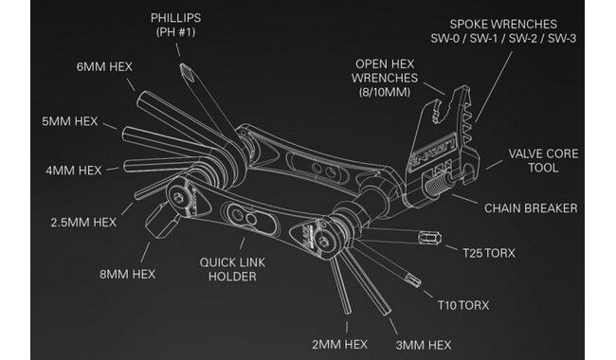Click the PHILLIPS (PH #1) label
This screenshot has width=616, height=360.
coord(175,25)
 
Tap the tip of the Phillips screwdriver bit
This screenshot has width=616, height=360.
coord(182,65)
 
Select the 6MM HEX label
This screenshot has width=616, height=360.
coord(104,66)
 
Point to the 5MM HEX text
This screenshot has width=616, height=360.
coord(69,121)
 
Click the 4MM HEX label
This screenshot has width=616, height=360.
coord(74,171)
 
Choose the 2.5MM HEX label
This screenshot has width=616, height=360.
coord(83,223)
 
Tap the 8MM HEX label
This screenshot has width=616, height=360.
coord(127,274)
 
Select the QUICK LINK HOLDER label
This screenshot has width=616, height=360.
coord(232,269)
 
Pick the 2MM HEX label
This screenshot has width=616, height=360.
coord(340,344)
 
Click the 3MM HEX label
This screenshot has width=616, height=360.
coord(424,345)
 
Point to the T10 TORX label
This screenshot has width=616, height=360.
coord(463,305)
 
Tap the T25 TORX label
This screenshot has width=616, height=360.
coord(489,253)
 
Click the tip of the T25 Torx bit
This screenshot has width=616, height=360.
coord(439,238)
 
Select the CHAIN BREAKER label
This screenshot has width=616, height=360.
coord(531,208)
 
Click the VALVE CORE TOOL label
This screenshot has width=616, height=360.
coord(543,160)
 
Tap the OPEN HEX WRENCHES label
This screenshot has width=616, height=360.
coord(385,78)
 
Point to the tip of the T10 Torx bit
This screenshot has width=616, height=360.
coord(419,282)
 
